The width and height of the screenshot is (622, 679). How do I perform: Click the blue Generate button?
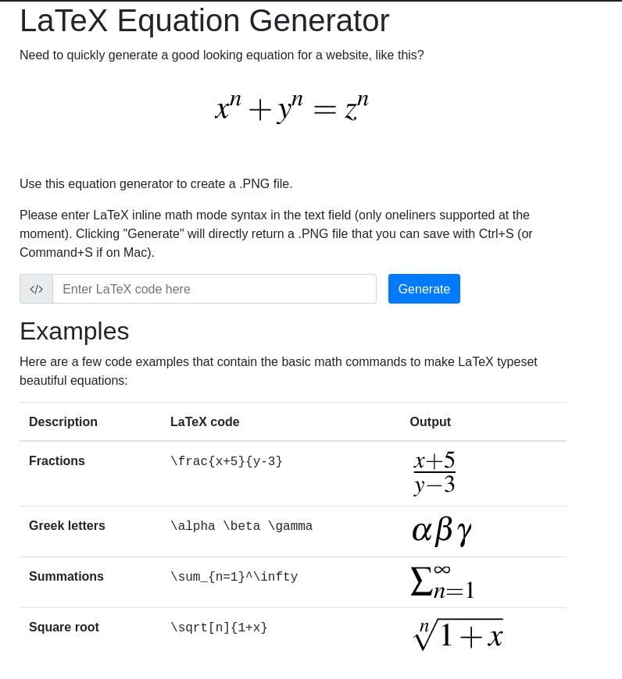tap(424, 289)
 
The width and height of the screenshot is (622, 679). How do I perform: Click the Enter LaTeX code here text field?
tap(214, 289)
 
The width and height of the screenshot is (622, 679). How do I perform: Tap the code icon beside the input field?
tap(36, 289)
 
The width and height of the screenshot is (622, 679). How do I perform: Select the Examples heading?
tap(74, 331)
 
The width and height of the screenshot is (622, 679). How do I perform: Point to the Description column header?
tap(63, 421)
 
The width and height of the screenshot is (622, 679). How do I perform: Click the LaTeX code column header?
tap(205, 421)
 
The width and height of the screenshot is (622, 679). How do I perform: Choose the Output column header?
tap(430, 421)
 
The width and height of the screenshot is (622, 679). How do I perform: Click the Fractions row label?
tap(57, 460)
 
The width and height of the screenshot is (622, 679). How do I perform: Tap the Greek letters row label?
tap(67, 525)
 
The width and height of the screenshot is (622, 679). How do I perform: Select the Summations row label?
tap(66, 576)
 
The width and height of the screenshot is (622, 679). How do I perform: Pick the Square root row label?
tap(64, 627)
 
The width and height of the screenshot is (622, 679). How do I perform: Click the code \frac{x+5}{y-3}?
tap(227, 461)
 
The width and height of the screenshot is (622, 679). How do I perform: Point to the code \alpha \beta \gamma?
tap(241, 526)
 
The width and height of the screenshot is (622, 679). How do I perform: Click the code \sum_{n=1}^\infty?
tap(234, 577)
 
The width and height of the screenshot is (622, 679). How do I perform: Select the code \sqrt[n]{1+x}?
tap(219, 627)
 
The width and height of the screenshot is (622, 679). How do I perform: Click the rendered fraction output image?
tap(434, 472)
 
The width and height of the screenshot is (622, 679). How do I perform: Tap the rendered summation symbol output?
tap(442, 581)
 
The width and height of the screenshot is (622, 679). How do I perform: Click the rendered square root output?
tap(458, 633)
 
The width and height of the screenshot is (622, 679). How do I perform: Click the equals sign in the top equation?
tap(324, 110)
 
